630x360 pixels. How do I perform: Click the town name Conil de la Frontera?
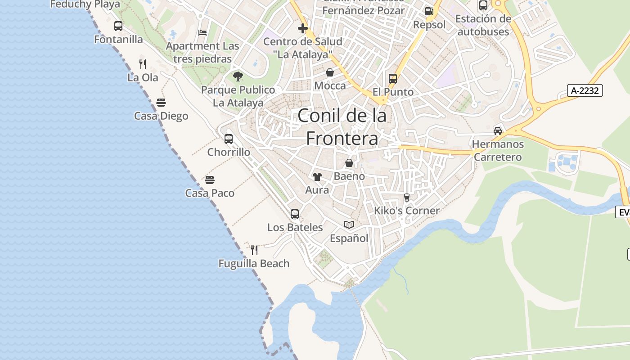click(342, 127)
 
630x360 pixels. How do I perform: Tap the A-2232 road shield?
click(585, 90)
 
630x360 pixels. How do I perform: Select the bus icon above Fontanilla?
click(118, 26)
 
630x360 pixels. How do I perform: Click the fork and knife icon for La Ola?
click(143, 64)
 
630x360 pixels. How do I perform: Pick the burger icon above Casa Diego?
click(161, 103)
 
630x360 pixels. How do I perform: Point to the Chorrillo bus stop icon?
click(229, 139)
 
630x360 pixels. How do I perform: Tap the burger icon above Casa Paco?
click(210, 180)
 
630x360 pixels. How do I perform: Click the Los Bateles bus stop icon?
click(295, 214)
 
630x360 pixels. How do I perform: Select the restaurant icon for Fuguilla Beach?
click(254, 250)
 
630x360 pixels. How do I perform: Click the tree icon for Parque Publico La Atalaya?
click(238, 76)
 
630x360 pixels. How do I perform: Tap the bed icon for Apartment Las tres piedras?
click(202, 33)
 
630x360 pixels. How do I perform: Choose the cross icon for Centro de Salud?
click(303, 28)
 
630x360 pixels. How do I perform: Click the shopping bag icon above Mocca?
click(330, 72)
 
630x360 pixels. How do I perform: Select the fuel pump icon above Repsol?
click(429, 11)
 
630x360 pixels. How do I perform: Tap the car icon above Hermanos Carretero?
click(498, 131)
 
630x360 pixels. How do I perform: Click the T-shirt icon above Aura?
click(317, 176)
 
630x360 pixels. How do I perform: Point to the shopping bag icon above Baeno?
click(349, 163)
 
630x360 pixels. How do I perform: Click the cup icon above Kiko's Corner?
click(407, 197)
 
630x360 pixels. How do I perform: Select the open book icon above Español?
click(349, 225)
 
